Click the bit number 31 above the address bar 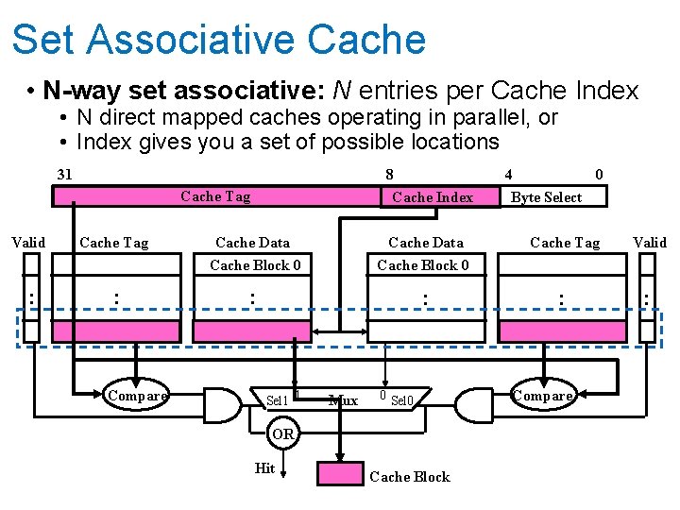(x=64, y=175)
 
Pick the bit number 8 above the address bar (x=389, y=175)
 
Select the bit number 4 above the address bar (x=508, y=175)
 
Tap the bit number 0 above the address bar (x=599, y=175)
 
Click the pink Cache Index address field (x=433, y=196)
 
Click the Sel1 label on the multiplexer (x=277, y=400)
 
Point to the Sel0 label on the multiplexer (x=402, y=400)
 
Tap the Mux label (x=343, y=400)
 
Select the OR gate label (x=283, y=434)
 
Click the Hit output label (x=265, y=468)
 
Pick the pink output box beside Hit (x=339, y=472)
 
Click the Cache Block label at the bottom (x=410, y=477)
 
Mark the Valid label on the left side (x=28, y=243)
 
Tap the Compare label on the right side (x=543, y=396)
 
